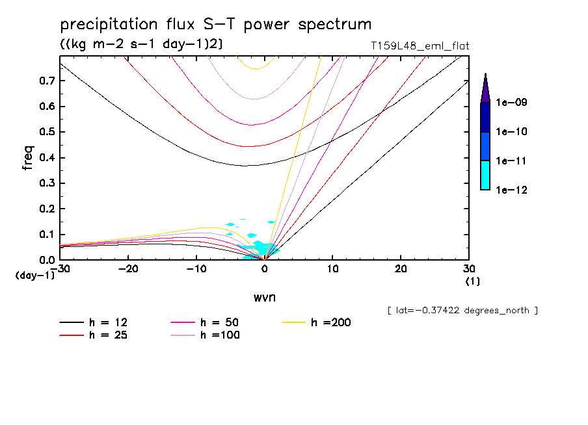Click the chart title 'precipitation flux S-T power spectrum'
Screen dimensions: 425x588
coord(215,25)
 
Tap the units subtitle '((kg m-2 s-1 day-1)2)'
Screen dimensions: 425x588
coord(137,44)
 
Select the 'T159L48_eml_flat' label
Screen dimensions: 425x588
coord(419,46)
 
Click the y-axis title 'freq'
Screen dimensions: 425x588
coord(28,157)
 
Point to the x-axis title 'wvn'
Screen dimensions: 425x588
coord(263,297)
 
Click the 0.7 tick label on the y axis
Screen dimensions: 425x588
coord(46,81)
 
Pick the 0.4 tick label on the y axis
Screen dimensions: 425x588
coord(46,158)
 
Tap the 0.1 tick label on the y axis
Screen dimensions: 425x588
coord(46,235)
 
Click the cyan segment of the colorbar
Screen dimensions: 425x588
coord(485,175)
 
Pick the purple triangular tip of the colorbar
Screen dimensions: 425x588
coord(485,88)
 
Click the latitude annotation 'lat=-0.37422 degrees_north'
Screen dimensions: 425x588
coord(462,311)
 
